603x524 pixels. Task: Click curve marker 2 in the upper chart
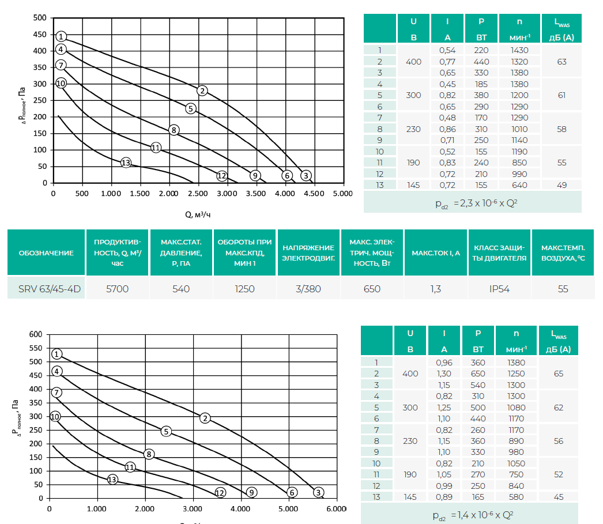pyautogui.click(x=202, y=91)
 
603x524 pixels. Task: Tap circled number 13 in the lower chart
pyautogui.click(x=112, y=479)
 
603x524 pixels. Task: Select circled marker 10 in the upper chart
pyautogui.click(x=61, y=84)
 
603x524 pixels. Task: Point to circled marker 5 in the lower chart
pyautogui.click(x=166, y=431)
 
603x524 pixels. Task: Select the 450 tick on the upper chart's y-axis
pyautogui.click(x=39, y=35)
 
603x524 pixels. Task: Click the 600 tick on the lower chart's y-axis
pyautogui.click(x=36, y=334)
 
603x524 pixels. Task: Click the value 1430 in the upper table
pyautogui.click(x=519, y=50)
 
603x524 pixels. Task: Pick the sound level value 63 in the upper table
pyautogui.click(x=562, y=61)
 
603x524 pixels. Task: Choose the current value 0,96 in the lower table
pyautogui.click(x=444, y=362)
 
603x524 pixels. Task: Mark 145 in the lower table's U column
pyautogui.click(x=410, y=497)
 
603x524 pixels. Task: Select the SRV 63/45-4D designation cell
pyautogui.click(x=46, y=288)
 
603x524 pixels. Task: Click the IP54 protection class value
pyautogui.click(x=499, y=288)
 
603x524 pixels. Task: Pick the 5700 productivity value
pyautogui.click(x=118, y=288)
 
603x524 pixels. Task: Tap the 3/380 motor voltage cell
pyautogui.click(x=308, y=288)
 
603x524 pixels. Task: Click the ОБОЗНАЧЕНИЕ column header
pyautogui.click(x=46, y=252)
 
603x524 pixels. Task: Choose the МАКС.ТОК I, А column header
pyautogui.click(x=436, y=252)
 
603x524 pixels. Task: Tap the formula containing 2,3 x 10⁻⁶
pyautogui.click(x=472, y=203)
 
